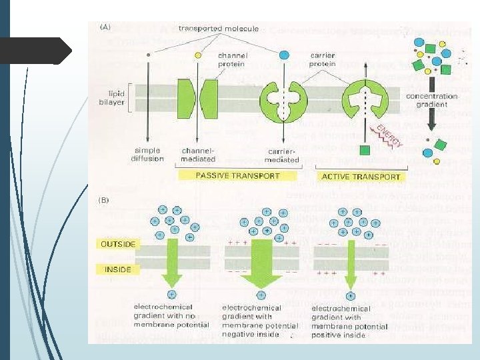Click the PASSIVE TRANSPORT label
coord(237,176)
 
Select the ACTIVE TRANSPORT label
coord(361,177)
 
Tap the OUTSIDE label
coord(117,244)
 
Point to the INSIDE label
coord(117,269)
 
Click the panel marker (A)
coord(105,29)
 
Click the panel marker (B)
coord(105,199)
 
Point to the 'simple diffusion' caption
coord(148,155)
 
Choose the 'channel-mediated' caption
coord(198,155)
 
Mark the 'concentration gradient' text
coord(432,101)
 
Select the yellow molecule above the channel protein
coord(197,55)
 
